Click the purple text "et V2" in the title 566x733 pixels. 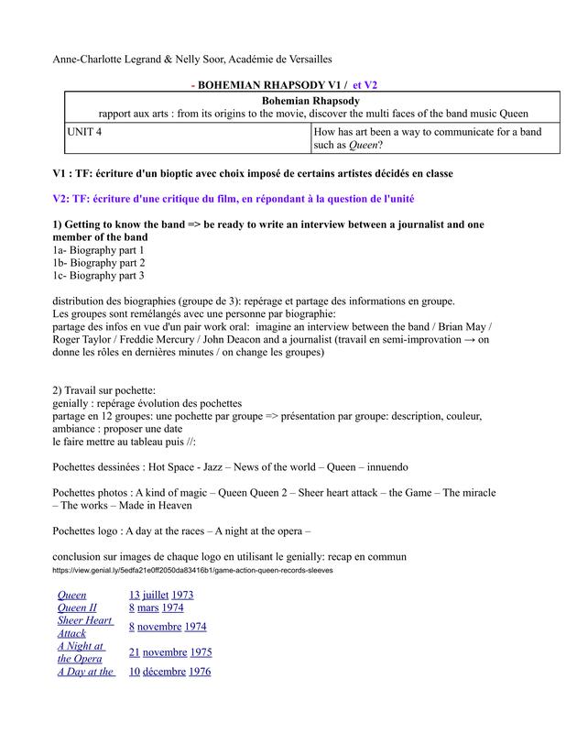click(362, 84)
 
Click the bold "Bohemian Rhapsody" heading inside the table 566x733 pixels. click(310, 100)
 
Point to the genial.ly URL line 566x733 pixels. click(193, 570)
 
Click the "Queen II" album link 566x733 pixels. click(77, 607)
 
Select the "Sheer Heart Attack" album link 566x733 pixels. click(85, 627)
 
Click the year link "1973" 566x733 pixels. click(182, 595)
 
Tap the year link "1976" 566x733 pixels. click(199, 672)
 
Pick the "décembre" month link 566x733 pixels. click(164, 672)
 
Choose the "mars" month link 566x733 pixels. click(147, 607)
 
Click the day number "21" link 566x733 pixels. click(134, 652)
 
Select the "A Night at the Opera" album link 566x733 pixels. click(80, 652)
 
